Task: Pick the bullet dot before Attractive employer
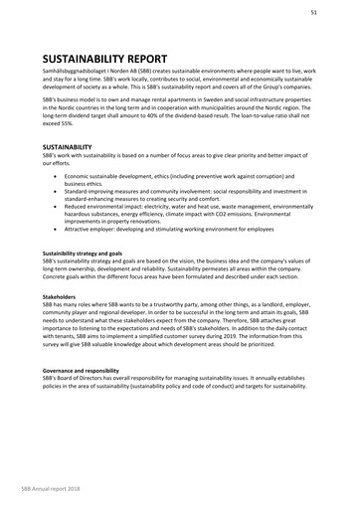coord(55,229)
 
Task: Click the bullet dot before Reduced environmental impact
coord(55,207)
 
